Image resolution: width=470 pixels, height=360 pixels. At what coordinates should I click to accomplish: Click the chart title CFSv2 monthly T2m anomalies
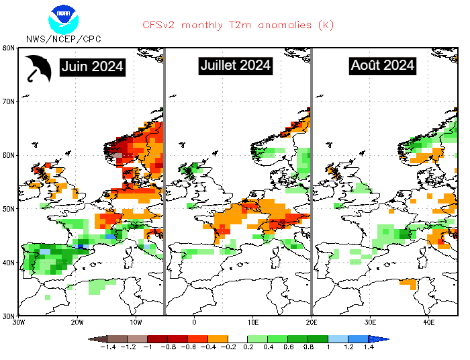point(238,25)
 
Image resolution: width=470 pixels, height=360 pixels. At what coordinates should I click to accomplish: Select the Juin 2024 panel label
point(92,66)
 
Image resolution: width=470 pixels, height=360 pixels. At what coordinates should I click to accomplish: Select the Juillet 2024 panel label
point(236,65)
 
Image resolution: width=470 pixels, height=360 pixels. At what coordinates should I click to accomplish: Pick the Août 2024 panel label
point(382,66)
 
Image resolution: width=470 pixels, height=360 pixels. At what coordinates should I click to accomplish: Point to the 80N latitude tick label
point(9,48)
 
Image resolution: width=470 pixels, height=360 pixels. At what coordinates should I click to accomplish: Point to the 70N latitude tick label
point(9,101)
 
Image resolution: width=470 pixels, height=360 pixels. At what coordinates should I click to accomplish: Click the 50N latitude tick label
point(9,209)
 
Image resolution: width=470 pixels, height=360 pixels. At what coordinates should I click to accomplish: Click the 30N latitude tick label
point(9,316)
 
